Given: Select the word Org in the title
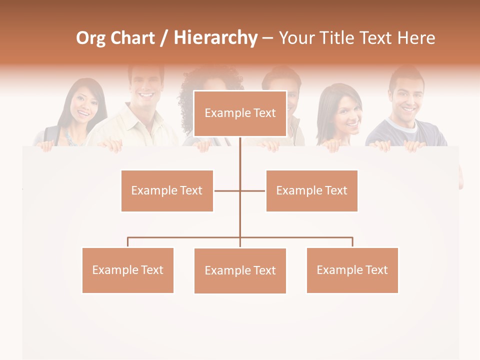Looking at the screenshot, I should coord(90,38).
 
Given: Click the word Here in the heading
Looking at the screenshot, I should coord(416,38).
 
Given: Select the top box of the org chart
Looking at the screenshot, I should coord(240,113).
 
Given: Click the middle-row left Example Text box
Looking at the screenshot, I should coord(167,190).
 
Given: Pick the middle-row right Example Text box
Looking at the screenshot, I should coord(311,190).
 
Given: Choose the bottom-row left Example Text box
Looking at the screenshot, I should coord(127,270).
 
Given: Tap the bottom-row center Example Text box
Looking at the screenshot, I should coord(240,270).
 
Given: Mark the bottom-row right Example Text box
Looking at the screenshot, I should coord(352,270).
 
